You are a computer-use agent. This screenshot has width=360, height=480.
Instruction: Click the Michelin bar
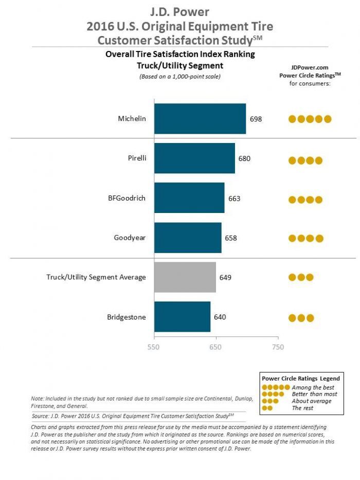tap(200, 119)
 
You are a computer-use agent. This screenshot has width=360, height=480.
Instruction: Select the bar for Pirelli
tap(194, 158)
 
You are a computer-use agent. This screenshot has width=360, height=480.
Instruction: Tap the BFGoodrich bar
tap(189, 198)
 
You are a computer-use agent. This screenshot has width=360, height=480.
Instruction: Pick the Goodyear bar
tap(188, 238)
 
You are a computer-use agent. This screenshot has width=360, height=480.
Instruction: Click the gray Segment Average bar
tap(185, 277)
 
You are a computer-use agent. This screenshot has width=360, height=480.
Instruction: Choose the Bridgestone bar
tap(182, 317)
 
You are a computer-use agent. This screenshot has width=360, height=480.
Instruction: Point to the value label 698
tap(256, 119)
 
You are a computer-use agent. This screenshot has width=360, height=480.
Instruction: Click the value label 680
tap(244, 158)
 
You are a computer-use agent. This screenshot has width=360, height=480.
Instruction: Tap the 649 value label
tap(225, 277)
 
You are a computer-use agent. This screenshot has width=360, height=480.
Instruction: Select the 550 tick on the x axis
tap(154, 347)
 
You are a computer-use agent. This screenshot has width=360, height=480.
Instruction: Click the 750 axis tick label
tap(278, 347)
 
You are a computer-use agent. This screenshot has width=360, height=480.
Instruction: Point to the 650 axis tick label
tap(215, 347)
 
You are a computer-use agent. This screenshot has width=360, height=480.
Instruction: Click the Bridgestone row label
tap(127, 317)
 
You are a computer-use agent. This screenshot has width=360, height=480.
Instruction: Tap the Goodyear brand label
tap(130, 238)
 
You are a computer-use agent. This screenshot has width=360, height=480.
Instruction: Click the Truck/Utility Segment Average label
tap(96, 277)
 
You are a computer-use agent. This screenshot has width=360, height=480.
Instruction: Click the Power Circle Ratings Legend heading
tap(301, 378)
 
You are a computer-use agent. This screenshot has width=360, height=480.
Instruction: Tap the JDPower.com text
tap(310, 67)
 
